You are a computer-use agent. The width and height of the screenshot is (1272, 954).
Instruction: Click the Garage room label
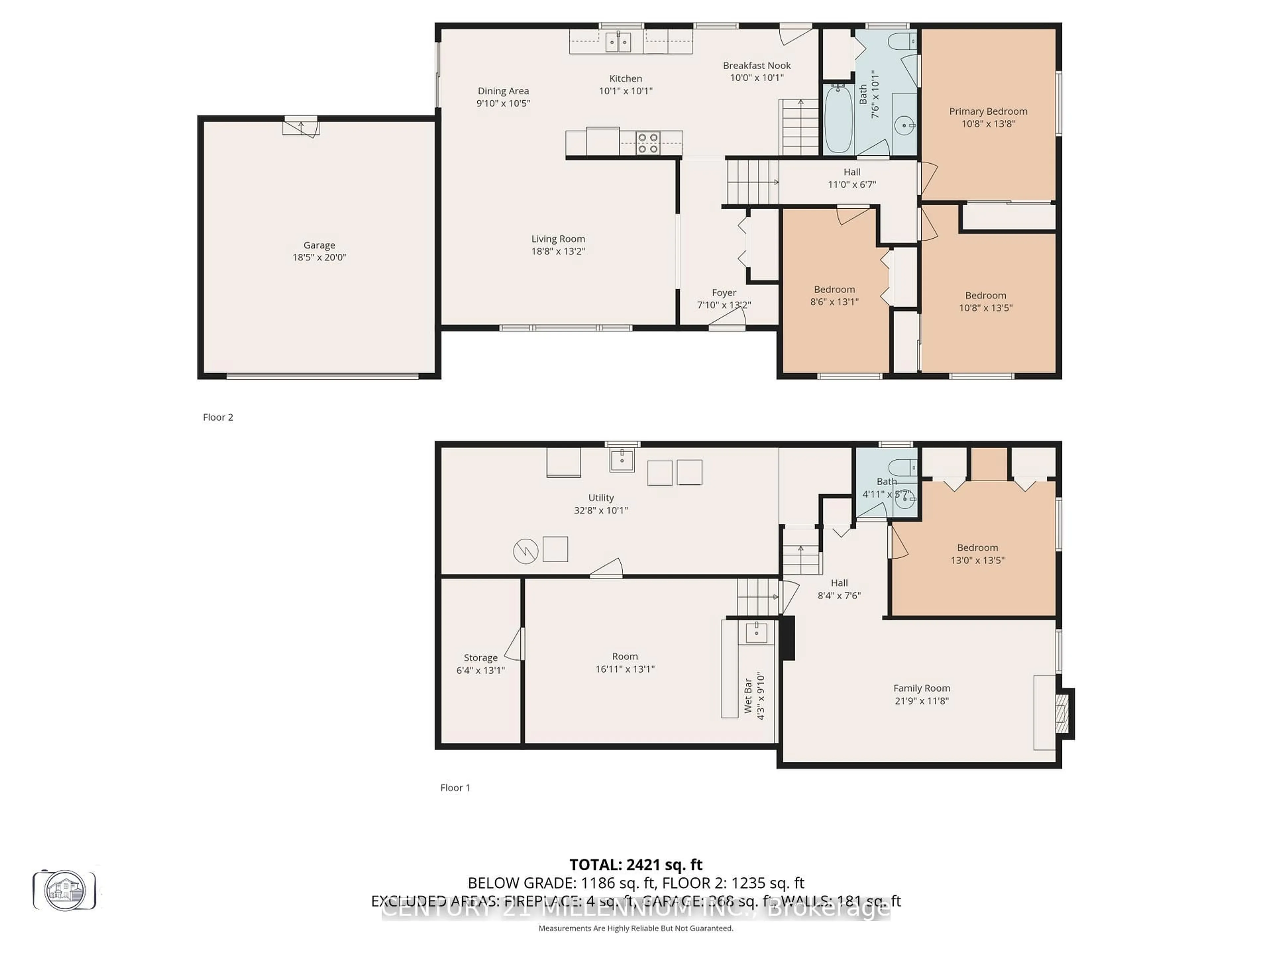coord(319,245)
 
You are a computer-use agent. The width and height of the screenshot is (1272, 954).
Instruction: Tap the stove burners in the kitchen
coord(648,143)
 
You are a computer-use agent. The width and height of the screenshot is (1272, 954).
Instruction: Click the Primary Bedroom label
coord(988,112)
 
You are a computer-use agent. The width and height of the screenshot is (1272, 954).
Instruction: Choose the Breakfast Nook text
coord(757,66)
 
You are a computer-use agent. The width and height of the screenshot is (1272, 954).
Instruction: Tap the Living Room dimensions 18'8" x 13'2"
coord(558,251)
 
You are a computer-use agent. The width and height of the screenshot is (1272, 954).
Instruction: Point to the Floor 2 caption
coord(218,417)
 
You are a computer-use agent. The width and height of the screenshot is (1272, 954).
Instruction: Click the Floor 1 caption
coord(455,788)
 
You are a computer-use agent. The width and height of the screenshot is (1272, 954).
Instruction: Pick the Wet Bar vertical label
coord(748,696)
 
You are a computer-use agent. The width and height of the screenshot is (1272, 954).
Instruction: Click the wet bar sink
coord(756,632)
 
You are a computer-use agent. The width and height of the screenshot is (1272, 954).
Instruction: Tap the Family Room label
coord(921,688)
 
